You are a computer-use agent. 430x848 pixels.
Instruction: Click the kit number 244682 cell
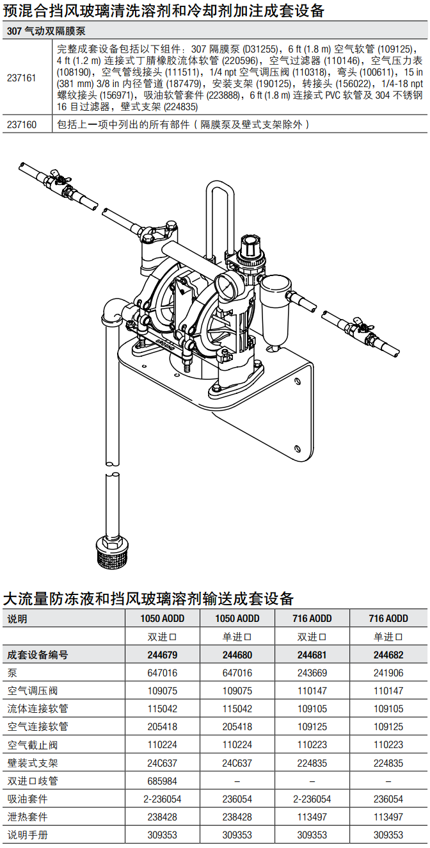coord(388,655)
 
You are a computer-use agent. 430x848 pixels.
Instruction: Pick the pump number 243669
coord(312,673)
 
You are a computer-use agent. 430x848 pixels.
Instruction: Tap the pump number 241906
coord(388,673)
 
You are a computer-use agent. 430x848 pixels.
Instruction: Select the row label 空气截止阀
coord(33,745)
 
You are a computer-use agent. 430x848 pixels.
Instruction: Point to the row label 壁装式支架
coord(33,763)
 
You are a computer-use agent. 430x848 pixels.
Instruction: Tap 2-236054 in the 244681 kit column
coord(312,799)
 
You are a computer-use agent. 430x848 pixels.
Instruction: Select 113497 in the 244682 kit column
coord(388,817)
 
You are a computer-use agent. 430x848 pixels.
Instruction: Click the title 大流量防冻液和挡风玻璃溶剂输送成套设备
coord(148,598)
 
